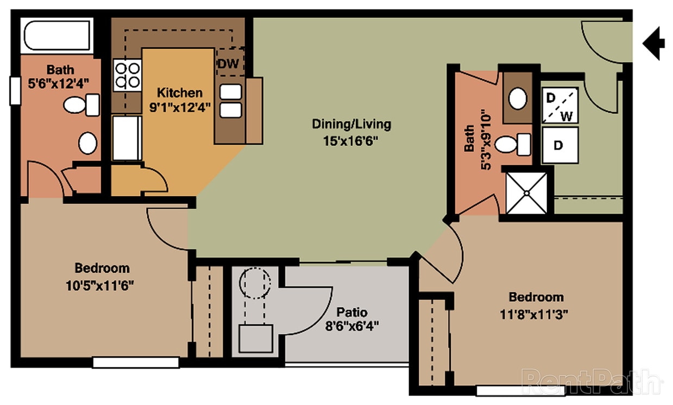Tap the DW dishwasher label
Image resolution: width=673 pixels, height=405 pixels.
click(x=229, y=64)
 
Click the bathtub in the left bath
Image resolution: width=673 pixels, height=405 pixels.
click(x=56, y=36)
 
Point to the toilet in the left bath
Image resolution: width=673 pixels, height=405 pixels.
click(x=81, y=105)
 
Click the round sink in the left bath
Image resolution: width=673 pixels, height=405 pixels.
click(x=87, y=143)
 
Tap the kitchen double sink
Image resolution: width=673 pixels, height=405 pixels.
click(x=231, y=101)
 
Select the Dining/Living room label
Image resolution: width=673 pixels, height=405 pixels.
click(x=351, y=124)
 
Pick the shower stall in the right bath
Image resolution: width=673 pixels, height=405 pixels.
click(x=526, y=193)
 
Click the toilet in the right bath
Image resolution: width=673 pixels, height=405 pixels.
click(x=513, y=145)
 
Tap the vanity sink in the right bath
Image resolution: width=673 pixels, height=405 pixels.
click(x=518, y=98)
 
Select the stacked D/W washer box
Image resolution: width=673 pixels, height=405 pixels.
click(x=560, y=105)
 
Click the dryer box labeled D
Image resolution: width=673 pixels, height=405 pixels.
click(x=560, y=145)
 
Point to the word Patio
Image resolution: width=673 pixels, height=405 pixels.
click(x=351, y=313)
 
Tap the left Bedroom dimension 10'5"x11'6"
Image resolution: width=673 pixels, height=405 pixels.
click(x=102, y=284)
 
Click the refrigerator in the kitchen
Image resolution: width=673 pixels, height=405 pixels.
click(x=127, y=138)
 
